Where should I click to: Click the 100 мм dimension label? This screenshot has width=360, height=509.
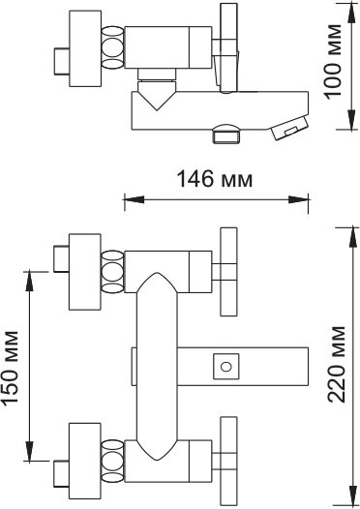pos(333,62)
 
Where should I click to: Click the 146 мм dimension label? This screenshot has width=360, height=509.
pos(215,179)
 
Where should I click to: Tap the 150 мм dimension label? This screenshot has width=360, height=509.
pos(10,369)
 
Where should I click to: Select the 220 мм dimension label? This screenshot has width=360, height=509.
pos(336,364)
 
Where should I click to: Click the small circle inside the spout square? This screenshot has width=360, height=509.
pos(225,367)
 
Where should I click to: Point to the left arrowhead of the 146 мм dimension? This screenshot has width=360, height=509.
pos(135,199)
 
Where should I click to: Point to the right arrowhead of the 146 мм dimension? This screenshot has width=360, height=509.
pos(298,199)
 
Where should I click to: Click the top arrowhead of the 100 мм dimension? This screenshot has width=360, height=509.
pos(351,12)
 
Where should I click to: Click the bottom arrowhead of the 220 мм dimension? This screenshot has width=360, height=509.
pos(352,495)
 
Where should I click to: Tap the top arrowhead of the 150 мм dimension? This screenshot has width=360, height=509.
pos(30,281)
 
